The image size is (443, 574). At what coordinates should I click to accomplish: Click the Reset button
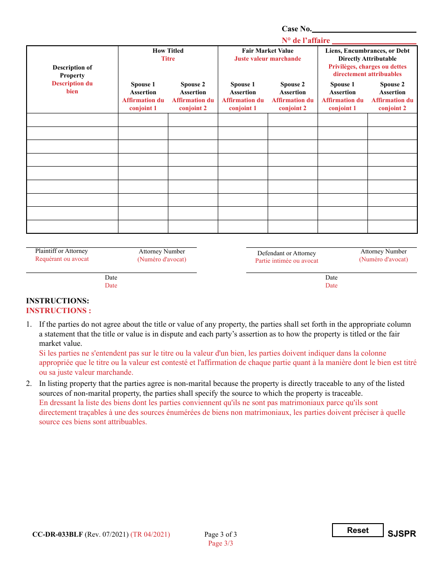pyautogui.click(x=358, y=530)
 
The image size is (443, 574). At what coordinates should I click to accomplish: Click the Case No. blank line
pyautogui.click(x=364, y=29)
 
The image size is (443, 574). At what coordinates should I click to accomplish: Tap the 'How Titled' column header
pyautogui.click(x=168, y=51)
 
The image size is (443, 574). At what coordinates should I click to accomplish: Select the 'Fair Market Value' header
pyautogui.click(x=268, y=51)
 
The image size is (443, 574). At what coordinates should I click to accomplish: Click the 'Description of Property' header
pyautogui.click(x=72, y=71)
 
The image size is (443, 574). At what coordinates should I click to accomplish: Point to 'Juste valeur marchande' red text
pyautogui.click(x=268, y=59)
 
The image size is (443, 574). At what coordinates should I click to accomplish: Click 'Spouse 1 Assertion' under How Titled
pyautogui.click(x=143, y=88)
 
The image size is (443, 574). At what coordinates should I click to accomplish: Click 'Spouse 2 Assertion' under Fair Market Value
pyautogui.click(x=293, y=88)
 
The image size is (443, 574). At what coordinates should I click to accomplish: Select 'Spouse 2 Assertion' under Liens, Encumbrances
pyautogui.click(x=392, y=88)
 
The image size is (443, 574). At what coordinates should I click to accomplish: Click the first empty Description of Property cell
pyautogui.click(x=72, y=120)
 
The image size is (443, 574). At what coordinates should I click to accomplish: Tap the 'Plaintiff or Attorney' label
pyautogui.click(x=62, y=251)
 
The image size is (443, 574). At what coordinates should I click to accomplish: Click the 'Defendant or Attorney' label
pyautogui.click(x=287, y=253)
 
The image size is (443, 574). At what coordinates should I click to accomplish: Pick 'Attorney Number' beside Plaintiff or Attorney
pyautogui.click(x=162, y=252)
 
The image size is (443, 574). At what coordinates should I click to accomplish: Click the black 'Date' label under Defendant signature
pyautogui.click(x=332, y=278)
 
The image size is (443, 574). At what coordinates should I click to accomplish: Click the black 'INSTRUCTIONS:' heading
pyautogui.click(x=57, y=301)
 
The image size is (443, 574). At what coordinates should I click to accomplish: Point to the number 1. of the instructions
pyautogui.click(x=29, y=324)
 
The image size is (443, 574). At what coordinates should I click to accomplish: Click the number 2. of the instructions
pyautogui.click(x=29, y=384)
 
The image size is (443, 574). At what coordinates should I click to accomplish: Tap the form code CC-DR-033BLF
pyautogui.click(x=57, y=534)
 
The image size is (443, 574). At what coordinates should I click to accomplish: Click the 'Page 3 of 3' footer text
pyautogui.click(x=221, y=534)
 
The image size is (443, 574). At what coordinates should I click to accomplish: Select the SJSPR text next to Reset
pyautogui.click(x=401, y=534)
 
